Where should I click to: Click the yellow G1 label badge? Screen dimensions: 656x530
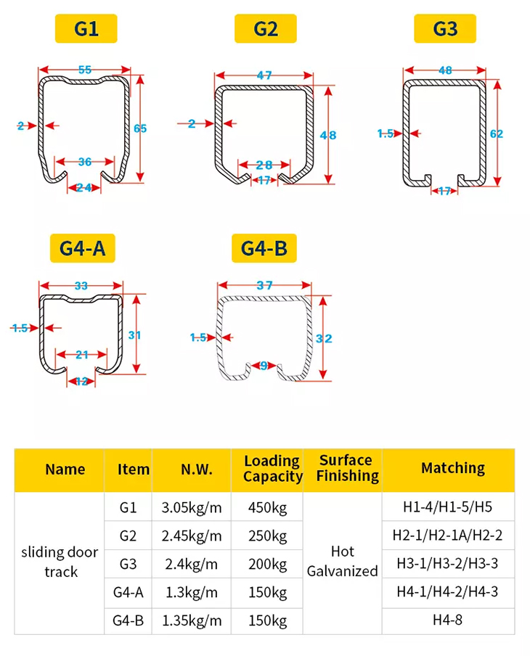[x=86, y=29]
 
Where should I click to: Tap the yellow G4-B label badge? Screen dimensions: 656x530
[x=264, y=249]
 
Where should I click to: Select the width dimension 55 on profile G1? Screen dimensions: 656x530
[x=85, y=70]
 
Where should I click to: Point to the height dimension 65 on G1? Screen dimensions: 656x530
[x=140, y=128]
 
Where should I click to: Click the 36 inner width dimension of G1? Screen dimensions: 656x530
[x=85, y=162]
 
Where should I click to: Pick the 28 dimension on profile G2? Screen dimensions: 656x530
[x=264, y=165]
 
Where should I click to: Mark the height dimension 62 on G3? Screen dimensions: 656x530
[x=497, y=134]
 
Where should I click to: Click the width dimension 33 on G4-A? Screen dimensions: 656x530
[x=81, y=286]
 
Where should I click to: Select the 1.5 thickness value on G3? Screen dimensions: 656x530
[x=386, y=134]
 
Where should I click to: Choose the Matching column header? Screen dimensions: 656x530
[x=453, y=469]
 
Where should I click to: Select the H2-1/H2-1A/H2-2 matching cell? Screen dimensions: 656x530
[x=448, y=536]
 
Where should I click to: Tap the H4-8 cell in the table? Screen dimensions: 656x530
[x=448, y=620]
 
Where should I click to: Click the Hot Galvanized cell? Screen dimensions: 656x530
[x=342, y=562]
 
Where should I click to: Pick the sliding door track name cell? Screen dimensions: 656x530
[x=60, y=562]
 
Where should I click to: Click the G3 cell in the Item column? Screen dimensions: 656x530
[x=128, y=564]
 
